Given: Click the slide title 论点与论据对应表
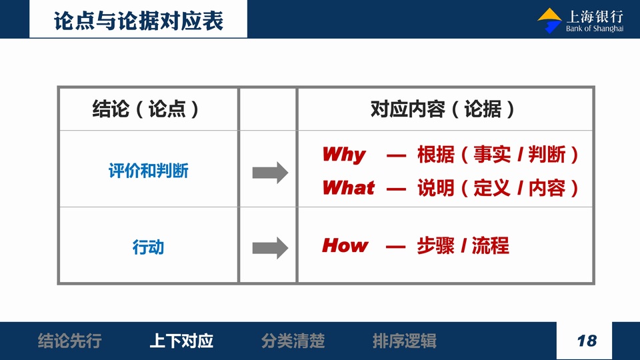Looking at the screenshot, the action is tap(139, 21).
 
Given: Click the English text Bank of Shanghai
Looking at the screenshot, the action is tap(594, 29).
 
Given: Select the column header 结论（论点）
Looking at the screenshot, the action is tap(145, 109).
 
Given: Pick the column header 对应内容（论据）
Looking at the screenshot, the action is tap(443, 109).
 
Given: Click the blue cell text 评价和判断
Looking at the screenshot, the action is tap(149, 171).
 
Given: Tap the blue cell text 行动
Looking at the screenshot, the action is tap(148, 247).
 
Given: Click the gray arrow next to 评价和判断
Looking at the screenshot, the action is tap(270, 173).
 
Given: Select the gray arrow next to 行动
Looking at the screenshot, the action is tap(270, 248).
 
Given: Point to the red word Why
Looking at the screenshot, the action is tap(344, 155).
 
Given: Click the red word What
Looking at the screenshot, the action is tap(348, 188).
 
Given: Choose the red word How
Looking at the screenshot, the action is tap(345, 245).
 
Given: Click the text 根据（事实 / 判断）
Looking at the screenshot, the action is tap(498, 155).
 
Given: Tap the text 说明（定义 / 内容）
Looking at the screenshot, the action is tap(498, 188).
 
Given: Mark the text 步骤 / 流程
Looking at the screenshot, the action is tap(463, 246).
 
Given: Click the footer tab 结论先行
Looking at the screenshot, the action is tap(70, 341).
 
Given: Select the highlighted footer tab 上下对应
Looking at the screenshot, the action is tap(181, 341).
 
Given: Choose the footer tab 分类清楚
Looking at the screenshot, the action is tap(293, 341).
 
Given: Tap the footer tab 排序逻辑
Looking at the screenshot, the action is tap(405, 341).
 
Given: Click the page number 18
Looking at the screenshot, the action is tap(587, 341).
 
